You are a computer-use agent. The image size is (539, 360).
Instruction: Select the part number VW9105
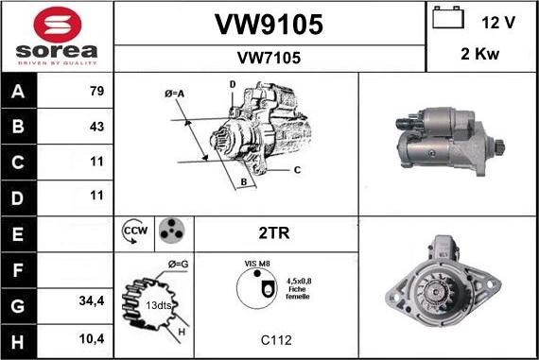tap(269, 25)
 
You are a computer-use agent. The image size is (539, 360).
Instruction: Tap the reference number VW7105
tap(269, 58)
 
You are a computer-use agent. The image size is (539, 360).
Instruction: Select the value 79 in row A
tap(96, 92)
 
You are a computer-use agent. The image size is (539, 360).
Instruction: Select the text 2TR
tap(273, 231)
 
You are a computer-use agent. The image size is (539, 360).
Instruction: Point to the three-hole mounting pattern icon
tap(171, 231)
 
